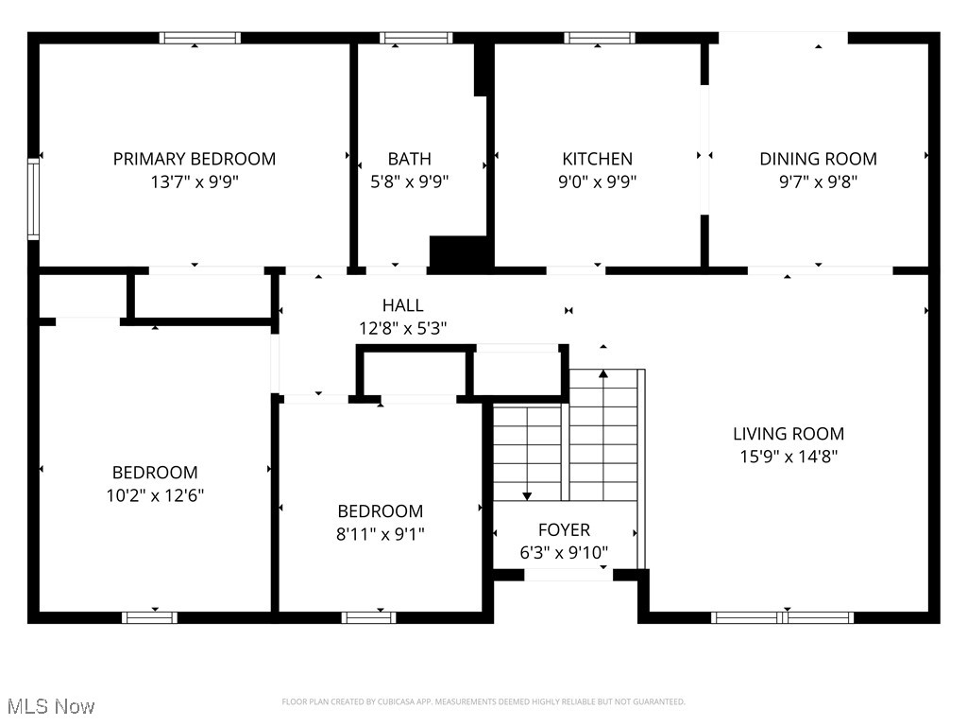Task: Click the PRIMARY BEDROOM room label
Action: point(195,159)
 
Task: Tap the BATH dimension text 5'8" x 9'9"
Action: point(408,181)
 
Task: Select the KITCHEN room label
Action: point(597,159)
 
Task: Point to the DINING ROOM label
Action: point(818,159)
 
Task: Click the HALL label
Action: point(402,305)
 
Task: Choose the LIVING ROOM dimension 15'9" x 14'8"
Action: point(789,457)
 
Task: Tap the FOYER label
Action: point(564,530)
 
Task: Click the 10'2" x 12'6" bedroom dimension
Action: point(155,494)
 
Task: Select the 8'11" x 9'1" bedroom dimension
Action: point(381,534)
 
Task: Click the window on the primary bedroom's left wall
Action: point(33,199)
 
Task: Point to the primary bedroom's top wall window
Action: point(200,38)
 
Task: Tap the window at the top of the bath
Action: point(416,38)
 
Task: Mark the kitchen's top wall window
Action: point(600,38)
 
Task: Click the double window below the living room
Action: point(782,617)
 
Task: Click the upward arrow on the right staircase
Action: point(602,375)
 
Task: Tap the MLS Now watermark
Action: point(50,706)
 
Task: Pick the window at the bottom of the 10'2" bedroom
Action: point(149,617)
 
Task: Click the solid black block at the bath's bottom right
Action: point(461,253)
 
